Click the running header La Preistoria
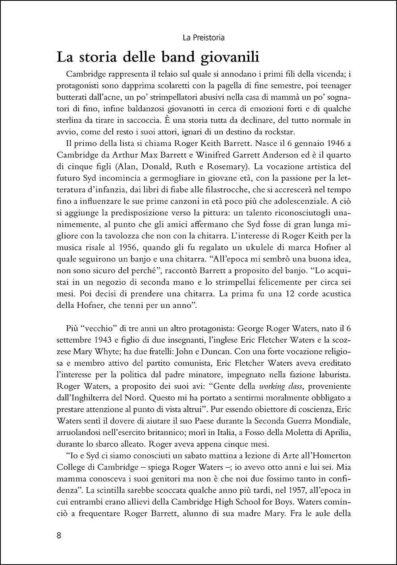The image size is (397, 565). point(204,38)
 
